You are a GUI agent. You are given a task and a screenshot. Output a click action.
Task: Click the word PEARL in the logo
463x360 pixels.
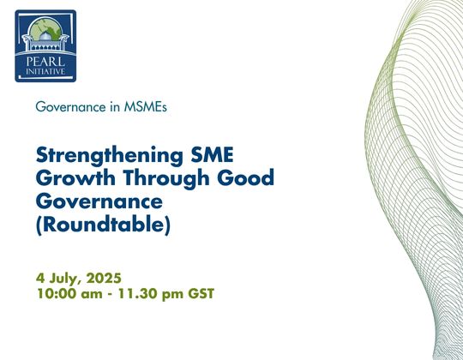[x=45, y=62]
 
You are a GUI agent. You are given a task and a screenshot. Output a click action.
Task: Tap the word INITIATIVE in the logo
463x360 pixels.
[x=45, y=71]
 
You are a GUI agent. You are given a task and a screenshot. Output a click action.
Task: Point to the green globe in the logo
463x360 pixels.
[x=45, y=28]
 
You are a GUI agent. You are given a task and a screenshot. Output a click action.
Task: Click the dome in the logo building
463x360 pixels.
[x=45, y=37]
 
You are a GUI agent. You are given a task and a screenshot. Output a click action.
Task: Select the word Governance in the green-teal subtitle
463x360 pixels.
[x=70, y=107]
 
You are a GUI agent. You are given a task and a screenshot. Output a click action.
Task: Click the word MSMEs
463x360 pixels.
[x=145, y=107]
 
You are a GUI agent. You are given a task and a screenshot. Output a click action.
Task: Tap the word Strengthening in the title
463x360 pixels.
[x=110, y=155]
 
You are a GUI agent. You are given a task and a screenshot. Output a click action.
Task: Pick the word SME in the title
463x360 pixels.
[x=212, y=154]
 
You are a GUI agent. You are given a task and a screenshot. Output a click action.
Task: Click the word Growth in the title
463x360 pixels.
[x=75, y=177]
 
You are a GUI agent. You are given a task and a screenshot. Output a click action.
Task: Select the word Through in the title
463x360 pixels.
[x=166, y=178]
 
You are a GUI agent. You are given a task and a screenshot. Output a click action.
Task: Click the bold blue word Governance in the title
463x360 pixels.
[x=99, y=201]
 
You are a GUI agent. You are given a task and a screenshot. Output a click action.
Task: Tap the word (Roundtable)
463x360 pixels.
[x=103, y=225]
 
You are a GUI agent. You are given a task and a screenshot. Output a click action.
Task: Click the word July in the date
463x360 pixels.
[x=64, y=279]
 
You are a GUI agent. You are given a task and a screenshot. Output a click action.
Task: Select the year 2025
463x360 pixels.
[x=104, y=278]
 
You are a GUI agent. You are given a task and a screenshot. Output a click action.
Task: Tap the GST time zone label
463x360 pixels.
[x=201, y=294]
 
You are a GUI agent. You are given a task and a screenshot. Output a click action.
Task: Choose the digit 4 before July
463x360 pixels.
[x=39, y=278]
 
